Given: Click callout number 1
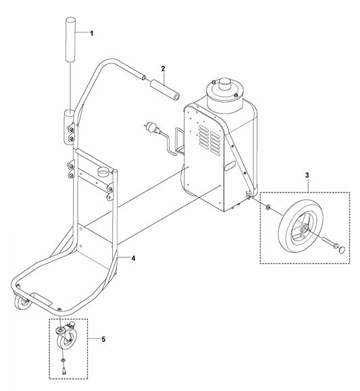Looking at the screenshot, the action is point(92,33).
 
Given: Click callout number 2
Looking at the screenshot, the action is point(163,69).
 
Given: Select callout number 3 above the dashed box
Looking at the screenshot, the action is point(307,176).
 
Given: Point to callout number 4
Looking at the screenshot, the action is point(134,259).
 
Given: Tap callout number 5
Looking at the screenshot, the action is point(103,340).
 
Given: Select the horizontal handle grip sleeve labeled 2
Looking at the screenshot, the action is point(164,90).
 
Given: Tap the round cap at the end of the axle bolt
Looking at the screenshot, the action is point(342,249).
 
